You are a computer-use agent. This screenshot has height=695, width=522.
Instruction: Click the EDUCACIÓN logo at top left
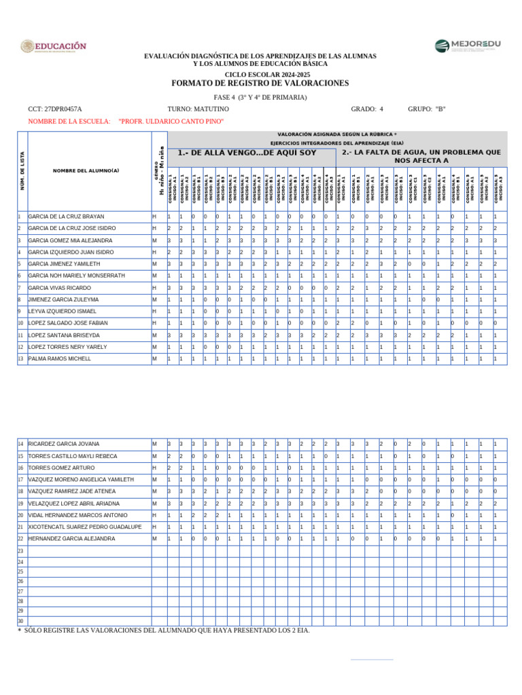click(x=54, y=47)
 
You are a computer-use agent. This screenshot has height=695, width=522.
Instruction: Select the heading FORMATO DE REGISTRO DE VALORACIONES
click(x=260, y=83)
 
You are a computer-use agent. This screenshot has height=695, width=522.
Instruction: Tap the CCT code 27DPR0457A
click(x=55, y=109)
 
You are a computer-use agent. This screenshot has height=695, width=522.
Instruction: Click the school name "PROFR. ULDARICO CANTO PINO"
click(x=171, y=121)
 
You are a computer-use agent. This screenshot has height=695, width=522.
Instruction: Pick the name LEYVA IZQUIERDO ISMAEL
click(x=63, y=311)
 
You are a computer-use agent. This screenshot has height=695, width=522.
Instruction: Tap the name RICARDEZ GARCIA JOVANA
click(x=63, y=444)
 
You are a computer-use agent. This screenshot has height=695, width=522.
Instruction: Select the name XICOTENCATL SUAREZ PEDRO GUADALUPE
click(x=84, y=527)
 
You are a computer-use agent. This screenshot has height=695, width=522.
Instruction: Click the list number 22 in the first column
click(x=21, y=538)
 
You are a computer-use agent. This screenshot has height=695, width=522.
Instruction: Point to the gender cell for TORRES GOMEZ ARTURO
click(x=155, y=468)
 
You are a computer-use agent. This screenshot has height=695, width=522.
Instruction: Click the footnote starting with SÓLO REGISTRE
click(x=163, y=631)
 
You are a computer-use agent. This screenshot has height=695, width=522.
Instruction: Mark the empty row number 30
click(x=21, y=621)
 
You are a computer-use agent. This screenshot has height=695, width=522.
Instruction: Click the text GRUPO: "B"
click(x=426, y=109)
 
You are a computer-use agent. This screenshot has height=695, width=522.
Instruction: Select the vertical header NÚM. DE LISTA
click(x=22, y=171)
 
